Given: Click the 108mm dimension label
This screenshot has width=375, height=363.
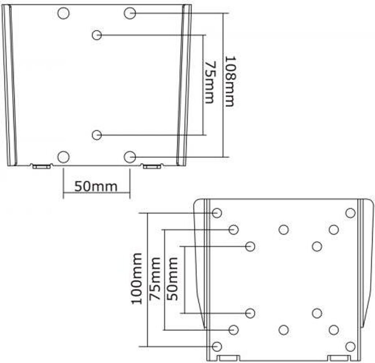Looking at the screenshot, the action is (x=230, y=81).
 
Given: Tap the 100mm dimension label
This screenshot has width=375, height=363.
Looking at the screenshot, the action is (x=137, y=279).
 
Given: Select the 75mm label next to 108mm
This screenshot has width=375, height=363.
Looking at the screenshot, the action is (x=209, y=83).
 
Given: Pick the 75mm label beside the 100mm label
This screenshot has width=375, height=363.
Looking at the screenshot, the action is (x=155, y=279).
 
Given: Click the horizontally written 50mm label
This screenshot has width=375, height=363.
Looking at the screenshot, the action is (x=96, y=186).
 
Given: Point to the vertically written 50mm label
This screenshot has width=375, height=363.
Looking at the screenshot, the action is (x=172, y=279).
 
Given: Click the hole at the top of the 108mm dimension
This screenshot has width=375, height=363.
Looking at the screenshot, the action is (x=130, y=13).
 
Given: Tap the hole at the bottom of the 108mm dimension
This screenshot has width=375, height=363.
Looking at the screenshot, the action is (x=130, y=157).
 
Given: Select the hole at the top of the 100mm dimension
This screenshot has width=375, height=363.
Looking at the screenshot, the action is (x=217, y=213).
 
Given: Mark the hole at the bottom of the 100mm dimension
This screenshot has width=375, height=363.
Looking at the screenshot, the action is (x=217, y=346).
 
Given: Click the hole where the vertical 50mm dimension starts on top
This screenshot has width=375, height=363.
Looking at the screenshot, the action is (x=250, y=247).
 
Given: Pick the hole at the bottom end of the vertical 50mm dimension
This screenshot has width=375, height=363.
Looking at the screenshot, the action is (x=250, y=313).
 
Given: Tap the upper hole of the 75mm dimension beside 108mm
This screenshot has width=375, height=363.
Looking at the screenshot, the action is (x=97, y=35).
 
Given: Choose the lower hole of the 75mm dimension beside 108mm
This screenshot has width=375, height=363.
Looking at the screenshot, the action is (x=97, y=135).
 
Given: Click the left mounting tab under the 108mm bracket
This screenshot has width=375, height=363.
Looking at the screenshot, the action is (x=41, y=167).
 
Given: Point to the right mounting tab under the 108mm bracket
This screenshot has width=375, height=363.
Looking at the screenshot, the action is (x=152, y=167).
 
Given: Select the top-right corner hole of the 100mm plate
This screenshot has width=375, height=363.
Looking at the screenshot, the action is (x=350, y=213).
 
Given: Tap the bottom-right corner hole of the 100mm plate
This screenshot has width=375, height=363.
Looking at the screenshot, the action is (x=350, y=346).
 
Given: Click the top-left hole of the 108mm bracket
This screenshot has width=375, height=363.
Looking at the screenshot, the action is (x=63, y=13).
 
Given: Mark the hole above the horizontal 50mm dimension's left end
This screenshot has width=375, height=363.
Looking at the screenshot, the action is (x=63, y=157).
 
